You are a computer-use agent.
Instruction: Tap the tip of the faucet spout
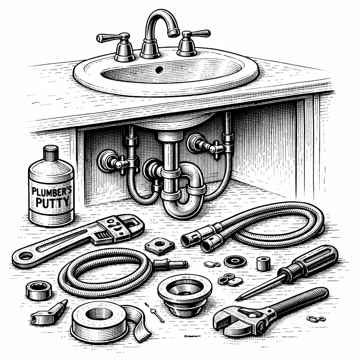point(174,33)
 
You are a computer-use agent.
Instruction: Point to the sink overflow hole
point(159,70)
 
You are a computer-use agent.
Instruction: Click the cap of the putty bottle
point(51,154)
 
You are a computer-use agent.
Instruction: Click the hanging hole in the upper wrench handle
point(25,256)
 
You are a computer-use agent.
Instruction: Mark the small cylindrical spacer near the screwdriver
point(263,264)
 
